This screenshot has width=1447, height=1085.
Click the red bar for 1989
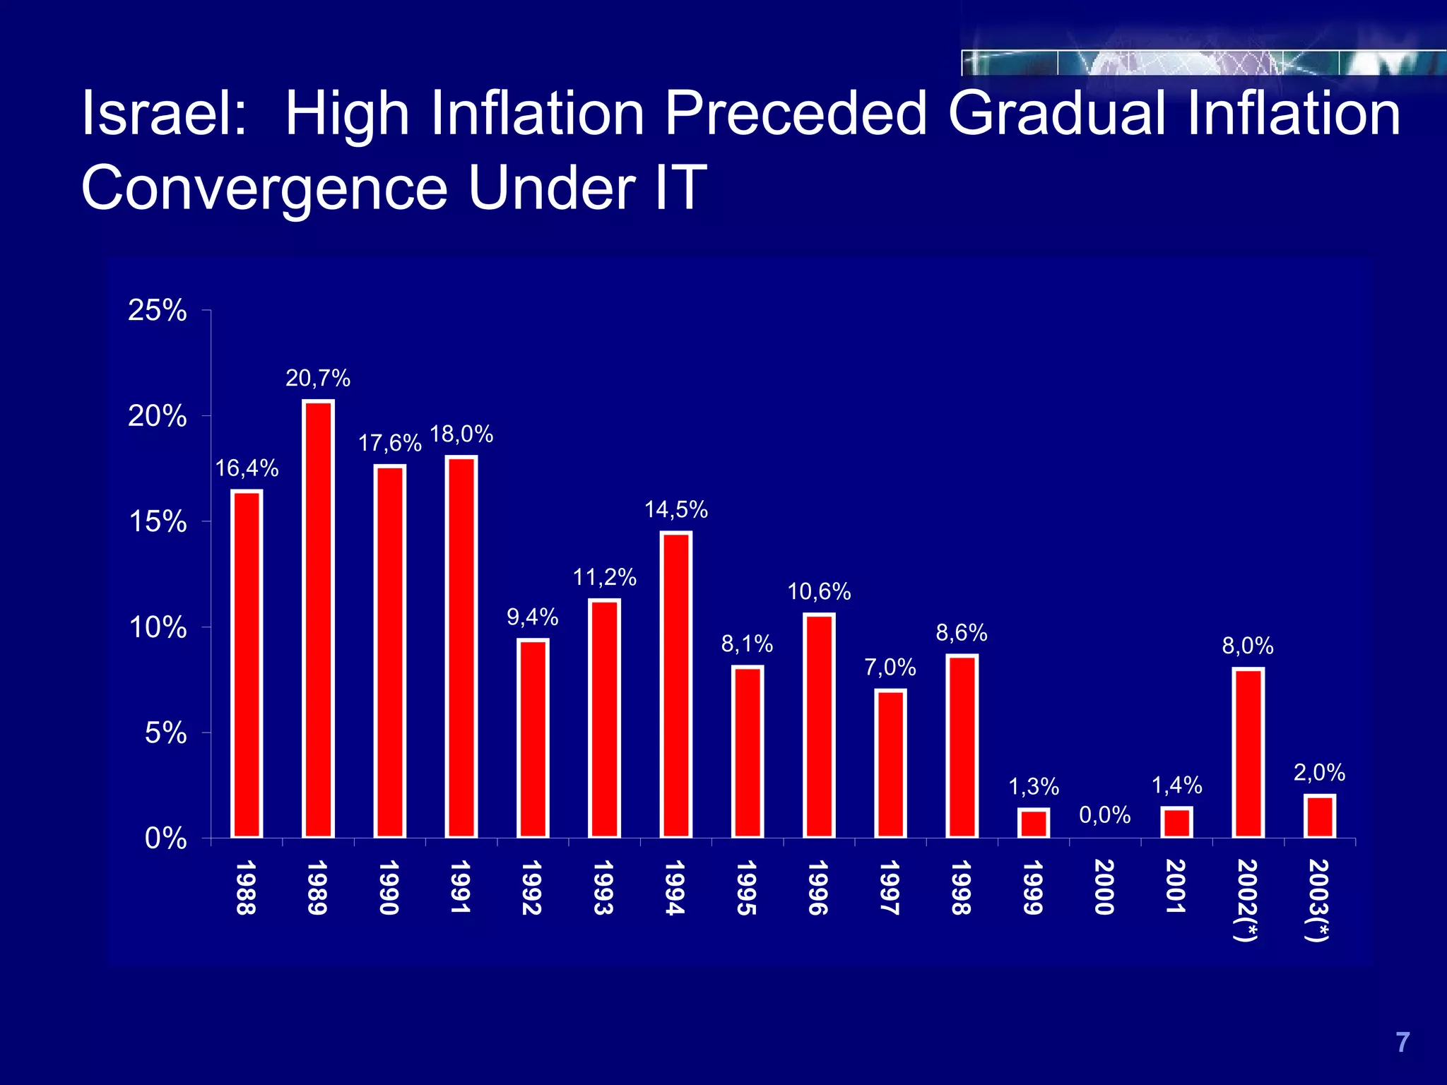pyautogui.click(x=318, y=619)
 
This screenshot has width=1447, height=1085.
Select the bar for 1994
pyautogui.click(x=676, y=685)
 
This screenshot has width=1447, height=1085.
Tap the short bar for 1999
pyautogui.click(x=1034, y=824)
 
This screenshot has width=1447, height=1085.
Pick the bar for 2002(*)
pyautogui.click(x=1248, y=753)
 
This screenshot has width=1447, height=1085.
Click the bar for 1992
pyautogui.click(x=533, y=739)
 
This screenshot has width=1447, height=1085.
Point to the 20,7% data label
pyautogui.click(x=318, y=379)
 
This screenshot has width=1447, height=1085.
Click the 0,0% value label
pyautogui.click(x=1105, y=815)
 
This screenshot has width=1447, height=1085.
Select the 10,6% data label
pyautogui.click(x=819, y=591)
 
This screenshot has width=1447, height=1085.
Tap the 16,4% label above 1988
pyautogui.click(x=247, y=468)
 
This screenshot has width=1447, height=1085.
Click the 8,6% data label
pyautogui.click(x=962, y=632)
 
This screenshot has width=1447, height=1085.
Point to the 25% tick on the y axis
pyautogui.click(x=158, y=310)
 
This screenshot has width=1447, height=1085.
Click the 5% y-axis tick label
pyautogui.click(x=166, y=733)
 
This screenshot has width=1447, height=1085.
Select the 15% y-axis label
pyautogui.click(x=158, y=522)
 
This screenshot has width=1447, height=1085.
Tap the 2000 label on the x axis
pyautogui.click(x=1104, y=887)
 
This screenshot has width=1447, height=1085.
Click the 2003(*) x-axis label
pyautogui.click(x=1318, y=900)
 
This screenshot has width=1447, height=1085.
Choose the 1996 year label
pyautogui.click(x=818, y=887)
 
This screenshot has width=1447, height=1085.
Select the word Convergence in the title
pyautogui.click(x=265, y=188)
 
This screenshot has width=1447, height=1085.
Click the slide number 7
pyautogui.click(x=1402, y=1043)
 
